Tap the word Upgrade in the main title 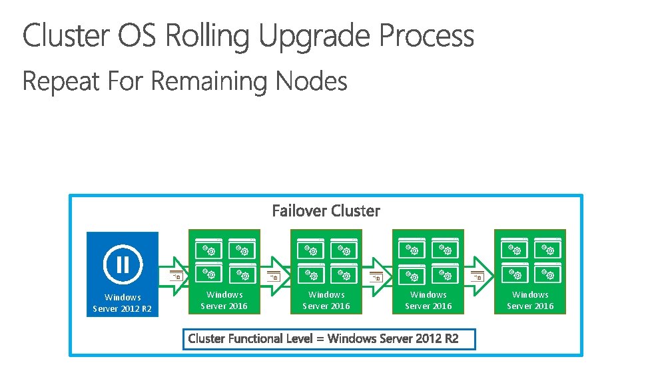click(x=316, y=37)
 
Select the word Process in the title click(x=426, y=37)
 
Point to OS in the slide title click(x=139, y=37)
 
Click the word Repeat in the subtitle click(x=61, y=82)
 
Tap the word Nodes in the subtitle click(x=312, y=82)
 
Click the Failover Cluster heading click(x=326, y=211)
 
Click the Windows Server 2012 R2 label click(x=123, y=303)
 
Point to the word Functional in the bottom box click(x=255, y=339)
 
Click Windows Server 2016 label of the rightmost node click(x=530, y=300)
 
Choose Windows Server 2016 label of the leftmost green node click(x=224, y=300)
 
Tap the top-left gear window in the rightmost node click(x=513, y=248)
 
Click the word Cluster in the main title click(x=67, y=37)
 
